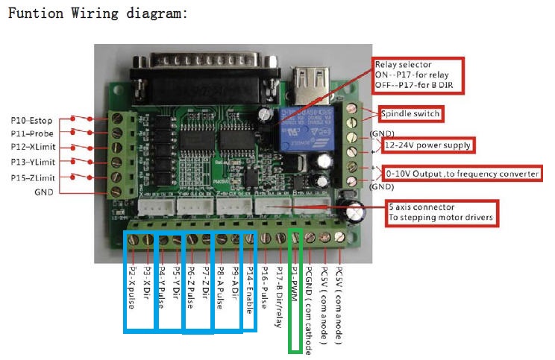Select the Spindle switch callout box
pyautogui.click(x=410, y=114)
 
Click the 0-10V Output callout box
pyautogui.click(x=462, y=174)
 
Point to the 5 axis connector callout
pyautogui.click(x=441, y=212)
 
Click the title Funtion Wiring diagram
pyautogui.click(x=96, y=13)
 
